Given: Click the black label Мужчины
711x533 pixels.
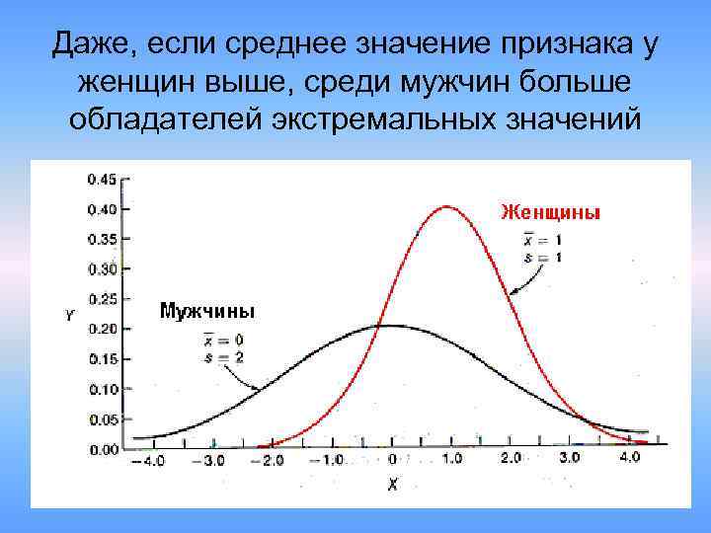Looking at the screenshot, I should [x=206, y=311].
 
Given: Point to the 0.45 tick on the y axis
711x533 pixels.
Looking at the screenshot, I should [x=102, y=179].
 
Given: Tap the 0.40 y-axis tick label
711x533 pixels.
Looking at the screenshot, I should [x=102, y=209].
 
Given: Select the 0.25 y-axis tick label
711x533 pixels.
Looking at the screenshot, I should [x=102, y=299].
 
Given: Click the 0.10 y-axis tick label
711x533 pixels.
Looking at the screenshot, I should [x=102, y=390].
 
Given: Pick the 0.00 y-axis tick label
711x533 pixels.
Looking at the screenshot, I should [x=102, y=450].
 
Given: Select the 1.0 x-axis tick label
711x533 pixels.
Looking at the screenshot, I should [x=450, y=459].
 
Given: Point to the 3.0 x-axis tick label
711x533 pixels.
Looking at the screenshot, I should [x=571, y=459].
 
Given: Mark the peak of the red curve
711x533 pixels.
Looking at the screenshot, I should [x=447, y=206].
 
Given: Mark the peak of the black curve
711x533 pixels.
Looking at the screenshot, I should [x=391, y=326].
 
